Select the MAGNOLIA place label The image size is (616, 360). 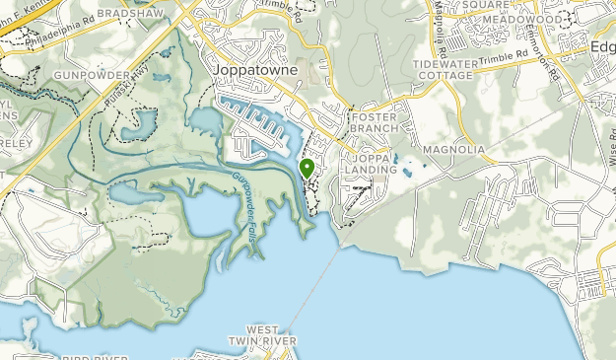coord(453,149)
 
